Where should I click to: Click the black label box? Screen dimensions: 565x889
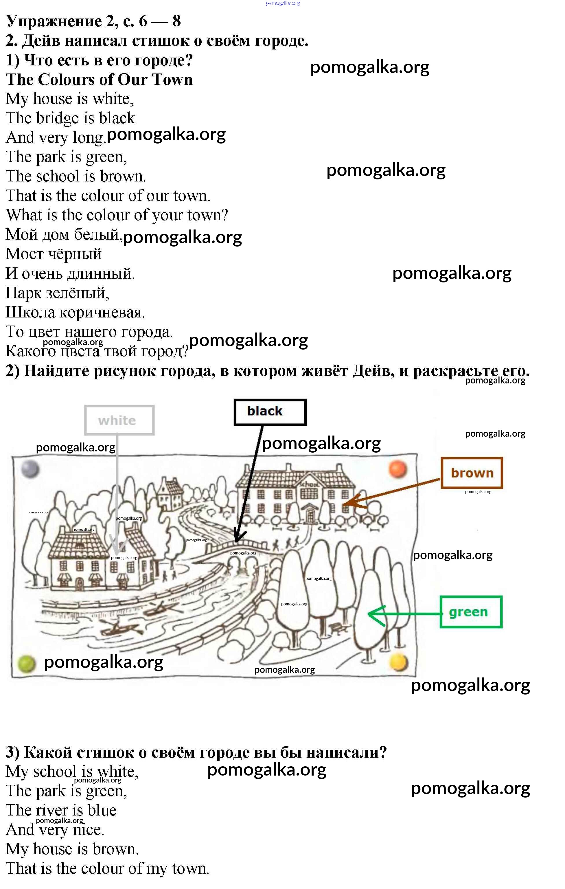(270, 412)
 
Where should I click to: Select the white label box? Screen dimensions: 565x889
(119, 420)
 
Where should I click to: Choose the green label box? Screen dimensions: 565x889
(471, 612)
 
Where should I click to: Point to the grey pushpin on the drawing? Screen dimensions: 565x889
(30, 469)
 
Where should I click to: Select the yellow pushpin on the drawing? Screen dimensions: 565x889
(399, 662)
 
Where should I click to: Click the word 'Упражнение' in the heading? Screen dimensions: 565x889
(54, 22)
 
